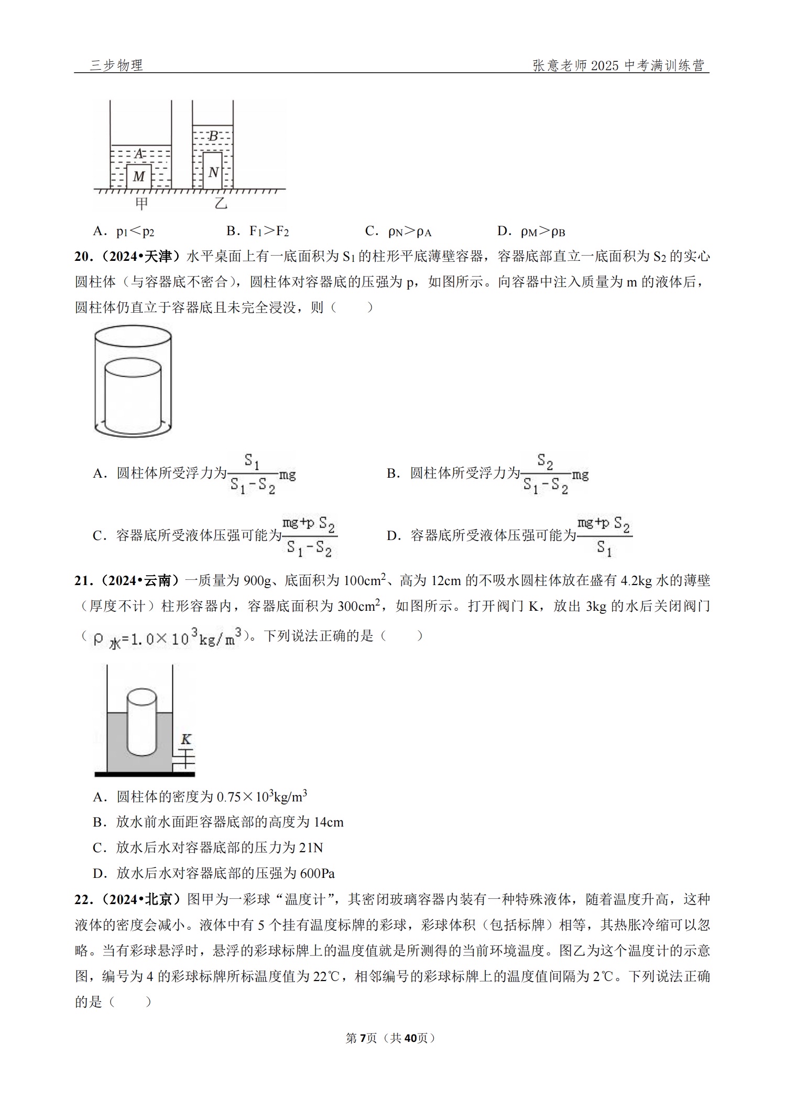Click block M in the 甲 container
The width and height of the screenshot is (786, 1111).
coord(139,177)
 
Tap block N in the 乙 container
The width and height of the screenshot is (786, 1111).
coord(213,171)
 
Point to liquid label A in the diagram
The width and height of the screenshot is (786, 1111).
coord(139,154)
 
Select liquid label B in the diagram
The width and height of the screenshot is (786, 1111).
coord(213,136)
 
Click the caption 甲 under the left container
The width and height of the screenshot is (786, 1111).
coord(141,203)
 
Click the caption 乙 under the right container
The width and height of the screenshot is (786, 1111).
coord(221,203)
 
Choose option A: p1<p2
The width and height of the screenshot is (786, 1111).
coord(124,231)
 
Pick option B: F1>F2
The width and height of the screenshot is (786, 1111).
coord(258,231)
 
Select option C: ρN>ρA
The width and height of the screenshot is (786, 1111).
coord(399,231)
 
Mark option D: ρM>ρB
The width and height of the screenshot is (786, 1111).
coord(531,231)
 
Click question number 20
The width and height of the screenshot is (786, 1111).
coord(82,257)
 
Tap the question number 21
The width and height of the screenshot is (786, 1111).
coord(82,581)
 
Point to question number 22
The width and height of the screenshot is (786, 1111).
coord(82,899)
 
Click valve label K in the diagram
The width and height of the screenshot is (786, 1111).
coord(186,739)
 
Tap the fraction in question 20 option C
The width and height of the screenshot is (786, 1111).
coord(309,536)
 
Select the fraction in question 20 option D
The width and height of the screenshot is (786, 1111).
coord(604,536)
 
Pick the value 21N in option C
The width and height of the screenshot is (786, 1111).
coord(311,848)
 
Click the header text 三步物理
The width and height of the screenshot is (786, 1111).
coord(116,65)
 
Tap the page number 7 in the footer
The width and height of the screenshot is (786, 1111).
coord(364,1038)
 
